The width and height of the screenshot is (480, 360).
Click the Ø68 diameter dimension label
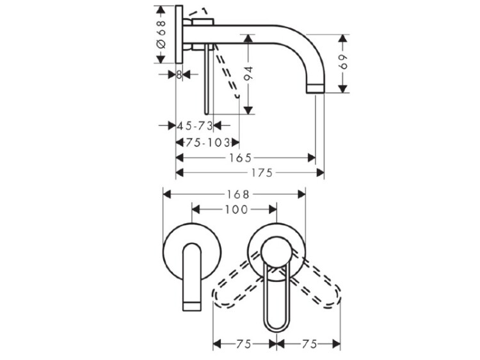coord(161,35)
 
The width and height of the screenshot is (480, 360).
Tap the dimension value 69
coord(344,63)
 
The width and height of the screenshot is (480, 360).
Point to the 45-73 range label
coord(195,126)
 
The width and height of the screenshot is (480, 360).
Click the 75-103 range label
coord(207,142)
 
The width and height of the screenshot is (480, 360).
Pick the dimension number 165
coord(240,158)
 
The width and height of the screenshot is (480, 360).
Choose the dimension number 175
coord(262,173)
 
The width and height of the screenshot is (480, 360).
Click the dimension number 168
coord(238,194)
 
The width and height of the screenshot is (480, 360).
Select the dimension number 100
coord(236,210)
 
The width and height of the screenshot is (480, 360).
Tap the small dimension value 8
coord(179,74)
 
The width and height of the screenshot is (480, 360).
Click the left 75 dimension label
coord(244,344)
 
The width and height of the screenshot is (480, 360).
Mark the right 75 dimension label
coord(310,344)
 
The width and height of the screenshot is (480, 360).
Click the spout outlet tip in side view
coord(315,89)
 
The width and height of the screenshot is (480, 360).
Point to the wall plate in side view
coord(179,35)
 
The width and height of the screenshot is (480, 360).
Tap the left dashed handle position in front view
coord(237,283)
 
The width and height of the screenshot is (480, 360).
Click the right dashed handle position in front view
coord(316,283)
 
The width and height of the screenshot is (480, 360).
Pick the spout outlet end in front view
coord(192,306)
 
